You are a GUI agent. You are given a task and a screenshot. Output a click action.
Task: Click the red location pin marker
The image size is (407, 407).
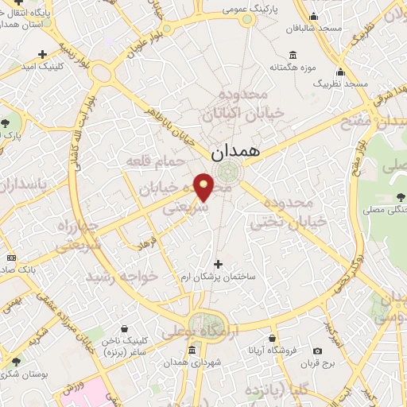point(205,186)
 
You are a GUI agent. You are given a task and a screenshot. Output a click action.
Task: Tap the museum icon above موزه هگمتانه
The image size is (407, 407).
point(293,55)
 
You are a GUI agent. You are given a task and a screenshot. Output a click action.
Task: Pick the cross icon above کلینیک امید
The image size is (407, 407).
point(41,54)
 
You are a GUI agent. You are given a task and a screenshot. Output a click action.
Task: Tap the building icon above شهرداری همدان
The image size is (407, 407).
point(191,351)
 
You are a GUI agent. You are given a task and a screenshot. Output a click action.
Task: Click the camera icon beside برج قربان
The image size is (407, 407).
point(318,351)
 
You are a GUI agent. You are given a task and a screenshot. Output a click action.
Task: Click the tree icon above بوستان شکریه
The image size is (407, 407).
point(14,362)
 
